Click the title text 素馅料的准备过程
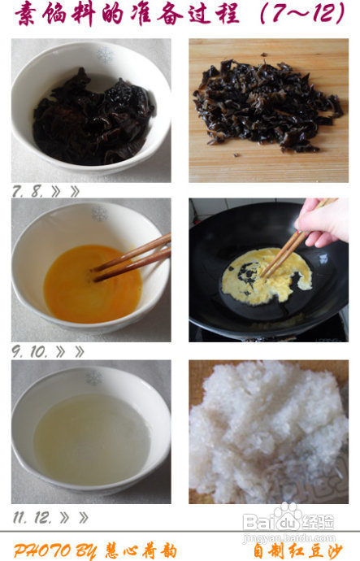pyautogui.click(x=128, y=15)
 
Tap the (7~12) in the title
pyautogui.click(x=302, y=14)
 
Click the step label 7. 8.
pyautogui.click(x=28, y=191)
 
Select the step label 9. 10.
pyautogui.click(x=29, y=352)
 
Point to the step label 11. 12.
pyautogui.click(x=33, y=518)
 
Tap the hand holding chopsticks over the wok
pyautogui.click(x=322, y=222)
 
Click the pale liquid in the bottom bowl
pyautogui.click(x=92, y=440)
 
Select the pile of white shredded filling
pyautogui.click(x=268, y=431)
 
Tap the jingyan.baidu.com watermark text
pyautogui.click(x=288, y=537)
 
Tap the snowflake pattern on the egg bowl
pyautogui.click(x=100, y=215)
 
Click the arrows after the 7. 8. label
pyautogui.click(x=66, y=192)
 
